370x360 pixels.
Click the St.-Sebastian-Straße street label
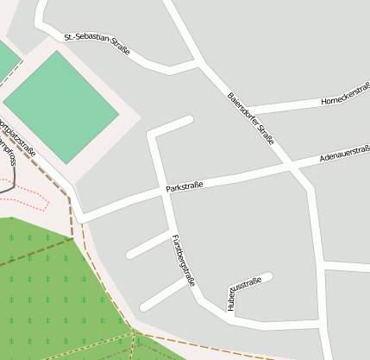(x=97, y=44)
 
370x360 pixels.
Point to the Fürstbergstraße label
(x=183, y=260)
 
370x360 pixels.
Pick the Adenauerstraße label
(x=344, y=154)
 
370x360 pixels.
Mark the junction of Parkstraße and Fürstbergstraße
(x=162, y=193)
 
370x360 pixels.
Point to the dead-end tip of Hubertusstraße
(x=268, y=277)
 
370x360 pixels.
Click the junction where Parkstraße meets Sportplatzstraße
(x=82, y=216)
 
